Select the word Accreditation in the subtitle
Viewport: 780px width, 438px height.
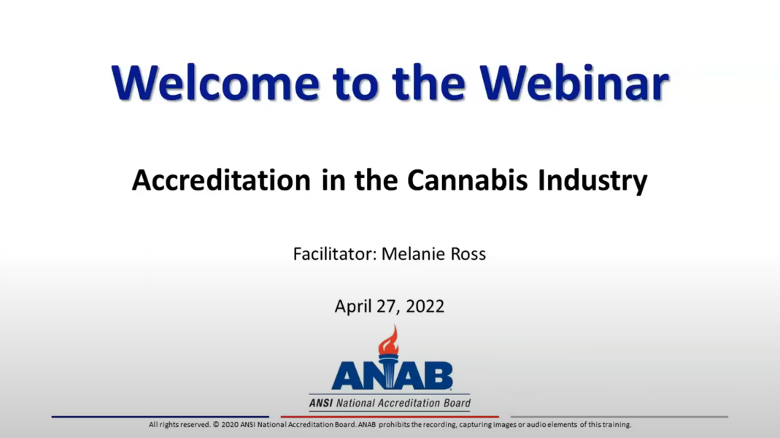coord(221,180)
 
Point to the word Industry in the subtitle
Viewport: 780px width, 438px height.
coord(592,180)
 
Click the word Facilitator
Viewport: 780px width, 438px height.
coord(334,255)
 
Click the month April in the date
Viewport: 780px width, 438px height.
coord(353,307)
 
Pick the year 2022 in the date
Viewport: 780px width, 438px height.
coord(426,307)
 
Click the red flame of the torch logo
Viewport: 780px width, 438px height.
coord(389,341)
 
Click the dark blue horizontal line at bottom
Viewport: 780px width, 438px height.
coord(160,417)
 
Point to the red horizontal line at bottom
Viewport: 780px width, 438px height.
coord(390,417)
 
